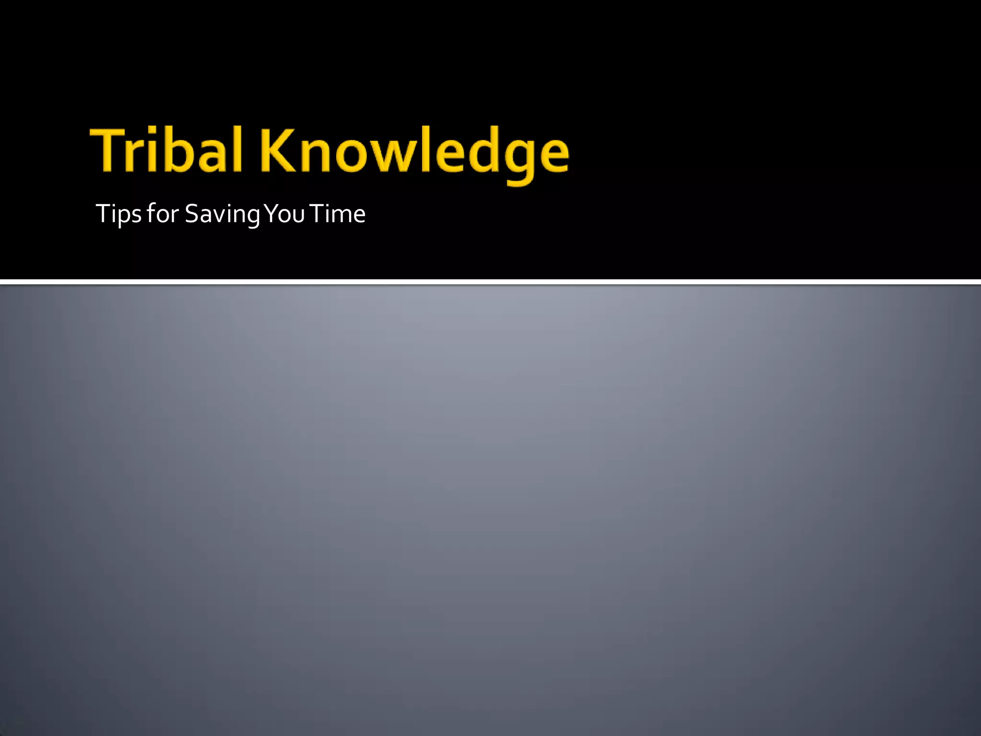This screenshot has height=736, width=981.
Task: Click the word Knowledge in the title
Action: (415, 152)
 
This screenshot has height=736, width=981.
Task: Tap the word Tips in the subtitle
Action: (118, 214)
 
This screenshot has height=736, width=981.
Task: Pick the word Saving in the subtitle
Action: (222, 214)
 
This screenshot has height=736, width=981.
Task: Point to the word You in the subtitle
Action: (285, 213)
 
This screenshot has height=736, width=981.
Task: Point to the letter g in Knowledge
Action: (517, 158)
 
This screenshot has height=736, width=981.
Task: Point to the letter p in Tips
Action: (125, 216)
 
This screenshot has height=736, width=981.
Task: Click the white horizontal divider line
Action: (490, 282)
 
